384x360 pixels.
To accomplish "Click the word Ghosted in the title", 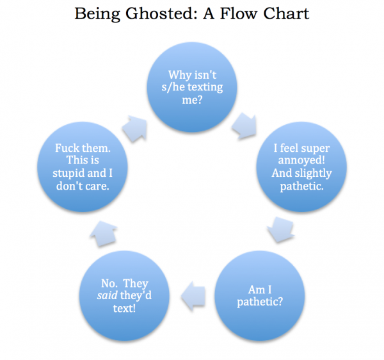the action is tap(159, 13).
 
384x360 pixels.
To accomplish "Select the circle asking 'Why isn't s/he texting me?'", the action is tap(192, 87).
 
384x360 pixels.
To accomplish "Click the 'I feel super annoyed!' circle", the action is tap(301, 167).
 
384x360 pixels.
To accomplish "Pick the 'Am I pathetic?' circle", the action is tap(260, 296).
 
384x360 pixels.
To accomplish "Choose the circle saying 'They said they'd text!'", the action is tap(124, 296).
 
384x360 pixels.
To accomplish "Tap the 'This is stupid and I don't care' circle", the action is tap(83, 167).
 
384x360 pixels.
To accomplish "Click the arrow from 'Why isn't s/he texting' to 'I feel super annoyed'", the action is tap(244, 126).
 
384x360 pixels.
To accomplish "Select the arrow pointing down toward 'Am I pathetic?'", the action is tap(281, 230).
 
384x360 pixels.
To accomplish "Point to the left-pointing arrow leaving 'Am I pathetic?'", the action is tap(193, 296).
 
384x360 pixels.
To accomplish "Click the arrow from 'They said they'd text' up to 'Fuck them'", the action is tap(104, 234).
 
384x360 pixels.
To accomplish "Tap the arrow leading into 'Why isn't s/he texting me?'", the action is tap(134, 129).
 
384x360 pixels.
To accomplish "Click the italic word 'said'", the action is tap(108, 295).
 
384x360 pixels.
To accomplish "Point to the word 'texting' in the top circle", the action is tap(205, 88).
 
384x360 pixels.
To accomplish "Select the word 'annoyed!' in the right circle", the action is tap(301, 161).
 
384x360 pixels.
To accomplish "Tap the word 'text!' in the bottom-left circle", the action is tap(124, 308).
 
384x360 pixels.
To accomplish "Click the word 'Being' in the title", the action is tap(97, 13).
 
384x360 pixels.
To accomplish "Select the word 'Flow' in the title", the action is tap(238, 13).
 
